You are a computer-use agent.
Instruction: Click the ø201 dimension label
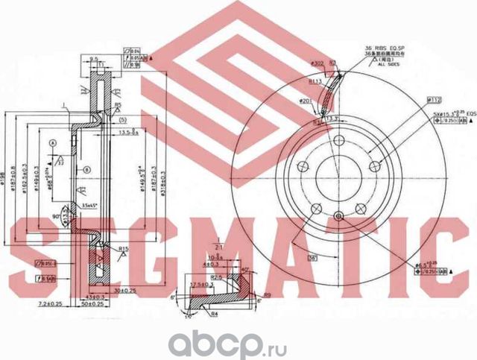tap(305, 100)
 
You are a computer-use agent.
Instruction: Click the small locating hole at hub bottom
tap(339, 217)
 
